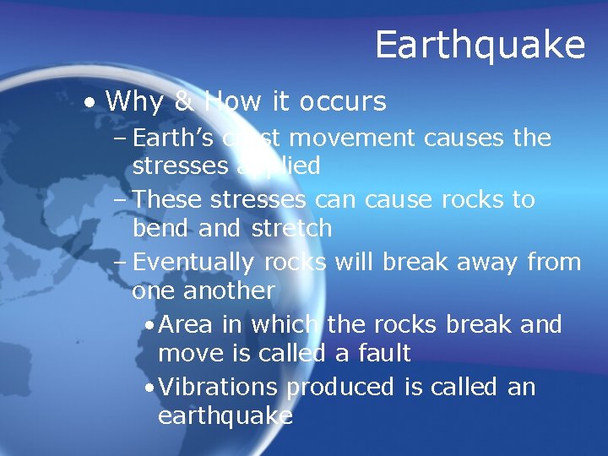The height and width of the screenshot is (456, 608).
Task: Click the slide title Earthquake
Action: coord(480,45)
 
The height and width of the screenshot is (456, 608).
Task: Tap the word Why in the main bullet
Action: coord(134,102)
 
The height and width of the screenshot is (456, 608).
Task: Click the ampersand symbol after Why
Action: coord(184,102)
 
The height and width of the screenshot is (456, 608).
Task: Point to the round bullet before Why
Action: coord(89,103)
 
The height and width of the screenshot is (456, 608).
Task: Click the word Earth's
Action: coord(175,137)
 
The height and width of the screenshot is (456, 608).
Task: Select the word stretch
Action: coord(291,229)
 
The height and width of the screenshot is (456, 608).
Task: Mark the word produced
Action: coord(340,387)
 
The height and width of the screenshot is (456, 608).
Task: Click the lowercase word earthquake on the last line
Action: coord(225,416)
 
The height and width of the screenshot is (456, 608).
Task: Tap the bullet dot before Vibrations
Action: coord(149,388)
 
